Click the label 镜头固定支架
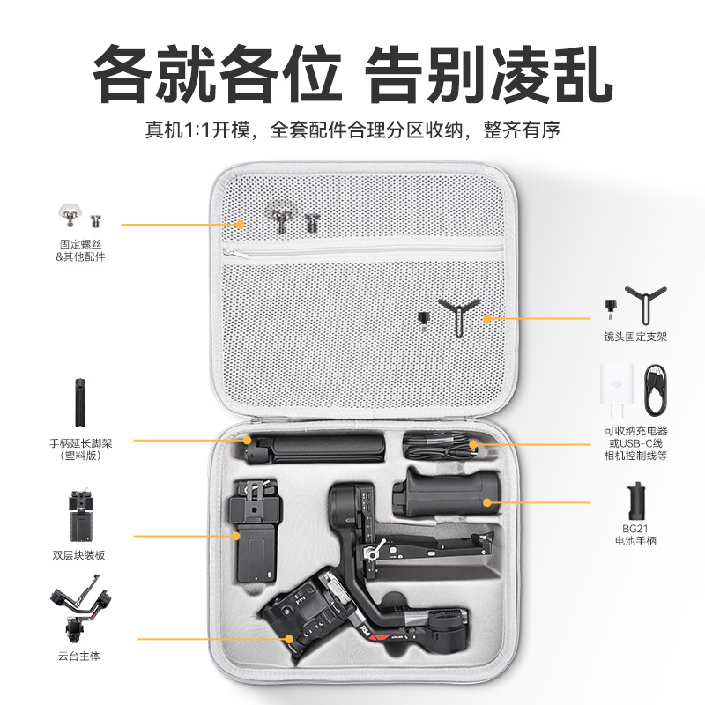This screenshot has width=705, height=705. [635, 337]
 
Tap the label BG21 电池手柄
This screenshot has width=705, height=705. [635, 535]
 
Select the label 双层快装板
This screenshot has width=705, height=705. [78, 555]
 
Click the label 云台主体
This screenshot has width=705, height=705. [79, 656]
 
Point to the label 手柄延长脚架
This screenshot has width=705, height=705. [80, 443]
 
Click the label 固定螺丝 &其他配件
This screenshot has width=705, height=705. [80, 250]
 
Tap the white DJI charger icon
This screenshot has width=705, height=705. [616, 390]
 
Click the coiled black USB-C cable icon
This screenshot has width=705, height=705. [656, 390]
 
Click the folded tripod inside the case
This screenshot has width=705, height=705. [314, 449]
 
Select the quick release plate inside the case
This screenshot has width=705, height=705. [254, 532]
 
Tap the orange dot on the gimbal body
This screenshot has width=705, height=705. [289, 639]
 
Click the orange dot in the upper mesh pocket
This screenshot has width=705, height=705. [241, 225]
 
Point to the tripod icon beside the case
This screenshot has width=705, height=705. [80, 403]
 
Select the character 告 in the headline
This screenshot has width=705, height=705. [393, 74]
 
